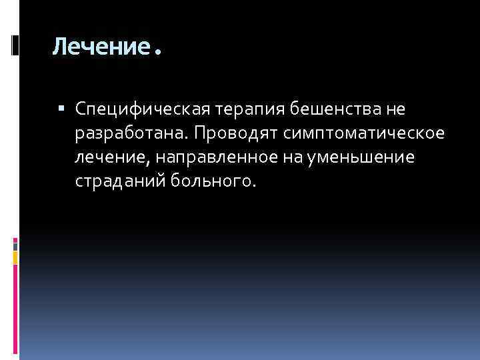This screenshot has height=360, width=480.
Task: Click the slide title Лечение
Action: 99,47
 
